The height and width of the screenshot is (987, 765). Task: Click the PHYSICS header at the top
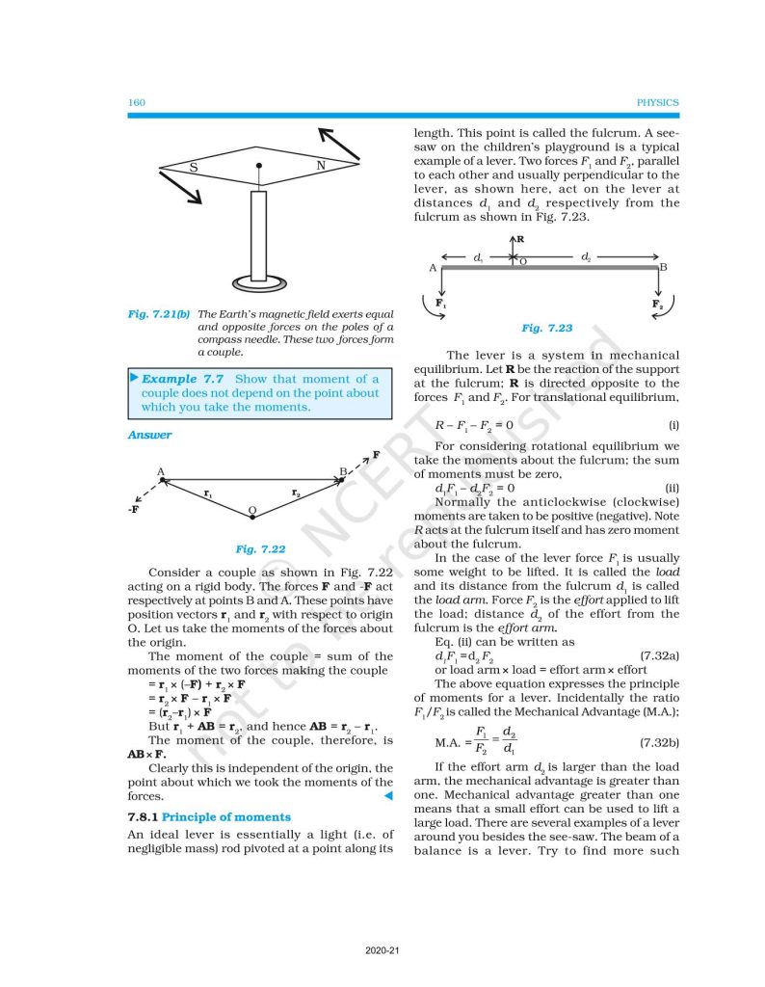coord(658,102)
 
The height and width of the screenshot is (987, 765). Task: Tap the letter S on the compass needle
coord(194,168)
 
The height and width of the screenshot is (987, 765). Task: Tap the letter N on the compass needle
coord(320,166)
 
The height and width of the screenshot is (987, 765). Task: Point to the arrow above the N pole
coord(338,144)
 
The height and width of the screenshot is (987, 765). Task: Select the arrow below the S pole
coord(181,188)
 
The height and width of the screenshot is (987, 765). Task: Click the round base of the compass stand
coord(257,283)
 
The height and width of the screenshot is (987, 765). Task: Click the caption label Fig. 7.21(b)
coord(160,314)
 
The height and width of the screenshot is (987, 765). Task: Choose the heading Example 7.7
coord(182,379)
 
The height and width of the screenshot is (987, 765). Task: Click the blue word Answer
coord(149,435)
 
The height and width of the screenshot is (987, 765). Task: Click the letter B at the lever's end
coord(664,267)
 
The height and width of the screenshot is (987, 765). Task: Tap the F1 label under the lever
coord(440,304)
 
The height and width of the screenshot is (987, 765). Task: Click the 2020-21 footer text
coord(382,950)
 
